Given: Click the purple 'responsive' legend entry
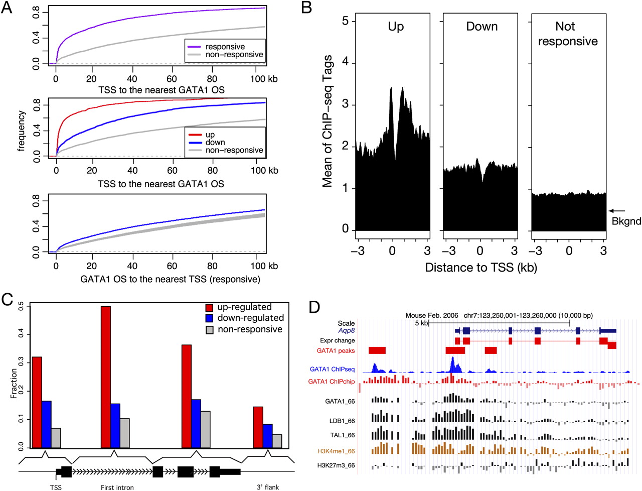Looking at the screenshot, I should [x=225, y=47].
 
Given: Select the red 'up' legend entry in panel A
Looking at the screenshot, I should [x=210, y=135].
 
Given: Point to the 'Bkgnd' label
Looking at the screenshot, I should [x=626, y=221].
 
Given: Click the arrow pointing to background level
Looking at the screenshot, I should [x=617, y=211].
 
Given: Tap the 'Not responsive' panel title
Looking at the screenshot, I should [x=568, y=34].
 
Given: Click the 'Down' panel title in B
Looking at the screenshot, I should [x=481, y=27].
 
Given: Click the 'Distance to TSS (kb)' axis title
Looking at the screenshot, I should [x=480, y=268].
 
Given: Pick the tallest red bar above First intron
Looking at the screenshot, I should [x=105, y=377].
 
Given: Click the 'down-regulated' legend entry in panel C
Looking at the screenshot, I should [x=250, y=318].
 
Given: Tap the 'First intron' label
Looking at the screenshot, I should [x=117, y=487].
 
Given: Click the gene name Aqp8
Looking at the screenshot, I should [x=347, y=331].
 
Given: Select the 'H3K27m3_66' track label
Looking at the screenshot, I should [x=336, y=465].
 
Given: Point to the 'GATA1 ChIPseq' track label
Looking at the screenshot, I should [x=332, y=370].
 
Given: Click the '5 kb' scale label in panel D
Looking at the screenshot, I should [x=421, y=323].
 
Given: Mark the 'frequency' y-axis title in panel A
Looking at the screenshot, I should [x=22, y=131].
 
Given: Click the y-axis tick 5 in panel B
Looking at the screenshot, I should [x=345, y=21].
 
